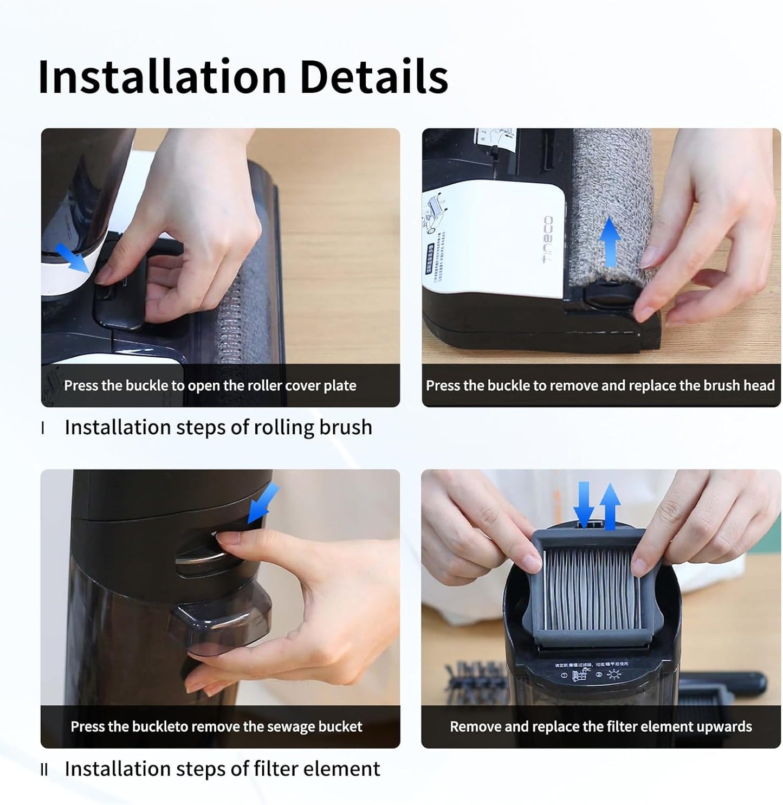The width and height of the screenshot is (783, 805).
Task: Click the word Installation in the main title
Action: pyautogui.click(x=161, y=76)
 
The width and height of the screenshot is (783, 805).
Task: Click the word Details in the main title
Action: pyautogui.click(x=373, y=76)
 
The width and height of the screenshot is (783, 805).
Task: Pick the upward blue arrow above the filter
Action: pyautogui.click(x=610, y=505)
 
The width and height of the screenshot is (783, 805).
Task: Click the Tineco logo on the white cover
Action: pyautogui.click(x=548, y=240)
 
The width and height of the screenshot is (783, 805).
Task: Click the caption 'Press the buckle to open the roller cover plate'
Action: pyautogui.click(x=210, y=385)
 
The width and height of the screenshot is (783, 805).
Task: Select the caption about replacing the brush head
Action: pyautogui.click(x=600, y=385)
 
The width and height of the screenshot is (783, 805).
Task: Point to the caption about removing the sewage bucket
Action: pyautogui.click(x=216, y=726)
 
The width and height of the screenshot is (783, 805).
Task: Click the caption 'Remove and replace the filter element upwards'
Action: pyautogui.click(x=600, y=726)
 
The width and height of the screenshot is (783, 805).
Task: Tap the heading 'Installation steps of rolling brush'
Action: pyautogui.click(x=218, y=427)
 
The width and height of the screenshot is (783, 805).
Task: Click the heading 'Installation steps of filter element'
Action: pyautogui.click(x=222, y=769)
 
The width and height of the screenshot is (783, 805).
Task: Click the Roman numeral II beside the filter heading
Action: pyautogui.click(x=44, y=770)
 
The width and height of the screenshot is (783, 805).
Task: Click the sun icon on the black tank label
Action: pyautogui.click(x=614, y=675)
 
